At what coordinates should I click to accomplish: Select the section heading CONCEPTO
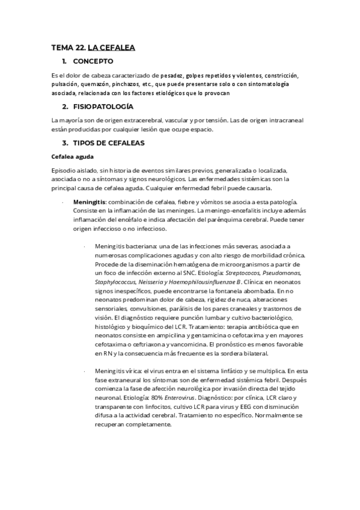tap(93, 61)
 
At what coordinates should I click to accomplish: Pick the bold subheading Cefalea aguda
tap(72, 157)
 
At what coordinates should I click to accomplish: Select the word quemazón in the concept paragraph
tap(99, 85)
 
